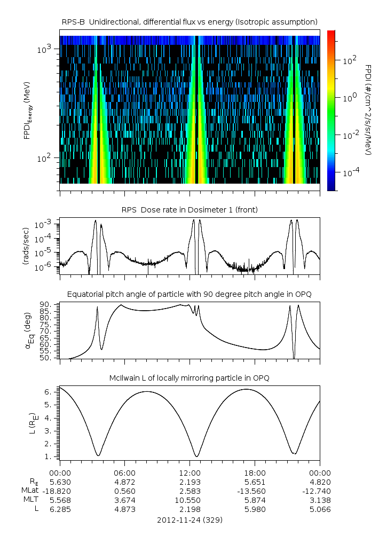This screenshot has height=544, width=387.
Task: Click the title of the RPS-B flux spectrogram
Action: coord(190,21)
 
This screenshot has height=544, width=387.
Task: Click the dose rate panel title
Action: coord(190,210)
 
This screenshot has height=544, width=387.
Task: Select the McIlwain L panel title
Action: coord(190,378)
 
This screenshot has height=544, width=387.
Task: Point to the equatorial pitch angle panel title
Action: coord(190,294)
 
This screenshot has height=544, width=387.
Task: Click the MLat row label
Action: coord(29,491)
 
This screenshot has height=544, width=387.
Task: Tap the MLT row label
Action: coord(30,500)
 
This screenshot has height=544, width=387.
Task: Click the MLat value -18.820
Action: coord(60,491)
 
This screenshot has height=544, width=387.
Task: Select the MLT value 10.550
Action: coord(190,500)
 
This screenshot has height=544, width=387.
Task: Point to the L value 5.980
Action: coord(255,509)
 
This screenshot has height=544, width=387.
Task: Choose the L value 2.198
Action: coord(190,509)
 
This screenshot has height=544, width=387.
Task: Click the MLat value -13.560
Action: coord(255,491)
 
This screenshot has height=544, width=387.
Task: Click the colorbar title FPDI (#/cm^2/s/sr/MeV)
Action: coord(368,110)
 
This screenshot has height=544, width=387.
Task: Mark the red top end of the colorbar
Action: coord(331,33)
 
